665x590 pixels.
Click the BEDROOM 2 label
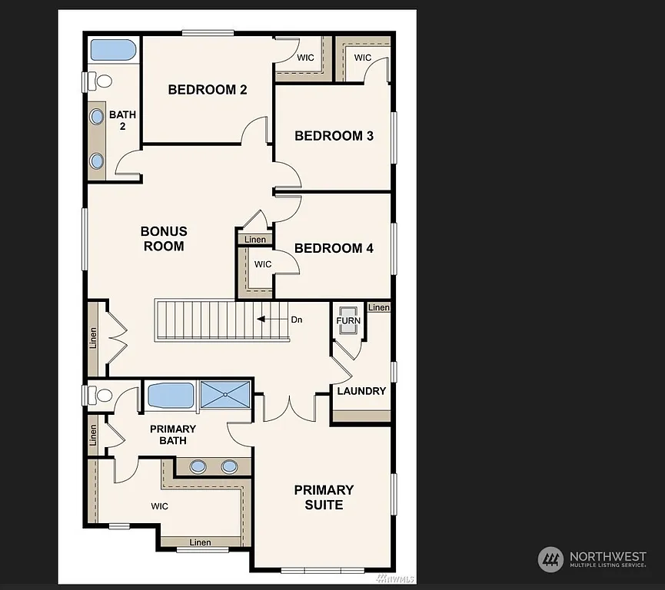208,90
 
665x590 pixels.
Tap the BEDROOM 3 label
334,136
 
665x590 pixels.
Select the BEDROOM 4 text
334,248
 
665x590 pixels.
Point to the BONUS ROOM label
164,239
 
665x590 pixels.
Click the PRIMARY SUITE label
324,497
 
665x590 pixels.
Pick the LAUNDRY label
361,391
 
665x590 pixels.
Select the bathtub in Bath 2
114,51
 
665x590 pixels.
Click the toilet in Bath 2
98,81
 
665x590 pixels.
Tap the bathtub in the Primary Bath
171,396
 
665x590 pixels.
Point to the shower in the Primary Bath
225,396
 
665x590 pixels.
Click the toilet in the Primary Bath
99,395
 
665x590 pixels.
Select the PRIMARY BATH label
173,435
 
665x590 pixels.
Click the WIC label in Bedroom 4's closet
263,264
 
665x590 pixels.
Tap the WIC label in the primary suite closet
159,506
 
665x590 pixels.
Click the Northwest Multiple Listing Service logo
592,560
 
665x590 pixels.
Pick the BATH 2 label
122,120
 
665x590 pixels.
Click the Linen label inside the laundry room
379,307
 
